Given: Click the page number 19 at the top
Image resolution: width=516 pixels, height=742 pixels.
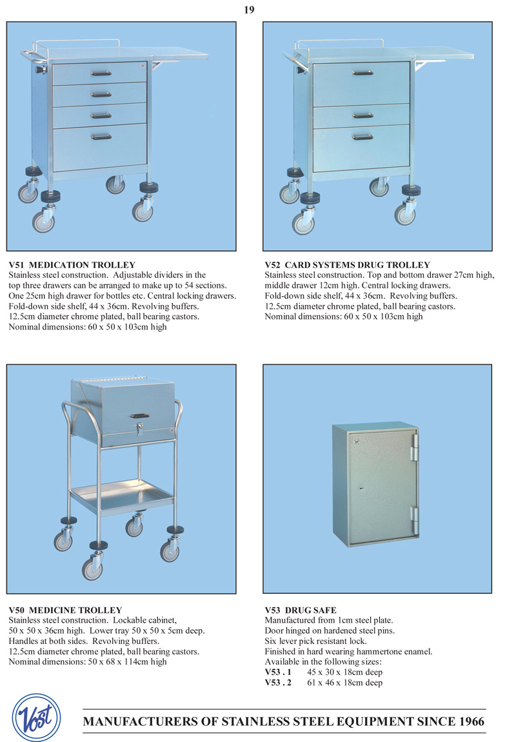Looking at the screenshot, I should coord(249,9).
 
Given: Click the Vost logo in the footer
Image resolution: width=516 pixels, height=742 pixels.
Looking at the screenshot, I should coord(37,717).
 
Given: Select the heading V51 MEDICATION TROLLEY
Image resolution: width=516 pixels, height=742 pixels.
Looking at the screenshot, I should coord(72,265).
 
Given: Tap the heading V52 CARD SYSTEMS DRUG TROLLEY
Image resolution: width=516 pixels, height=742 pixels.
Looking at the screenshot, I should coord(347,265).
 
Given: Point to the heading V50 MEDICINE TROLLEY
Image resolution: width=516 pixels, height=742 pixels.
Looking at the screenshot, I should coord(65,610).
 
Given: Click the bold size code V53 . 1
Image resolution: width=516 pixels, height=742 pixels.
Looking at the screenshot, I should coord(278,672).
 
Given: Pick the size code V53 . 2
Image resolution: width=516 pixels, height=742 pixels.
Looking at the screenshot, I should coord(278,682).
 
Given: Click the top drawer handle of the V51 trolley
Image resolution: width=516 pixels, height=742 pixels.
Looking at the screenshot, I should coord(101,73).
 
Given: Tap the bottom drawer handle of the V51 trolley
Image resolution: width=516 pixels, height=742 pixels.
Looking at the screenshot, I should coord(101,136).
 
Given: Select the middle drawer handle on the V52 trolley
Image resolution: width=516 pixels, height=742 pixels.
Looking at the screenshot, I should coord(362,115).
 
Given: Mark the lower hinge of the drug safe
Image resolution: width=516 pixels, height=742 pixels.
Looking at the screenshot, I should coord(414,516).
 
